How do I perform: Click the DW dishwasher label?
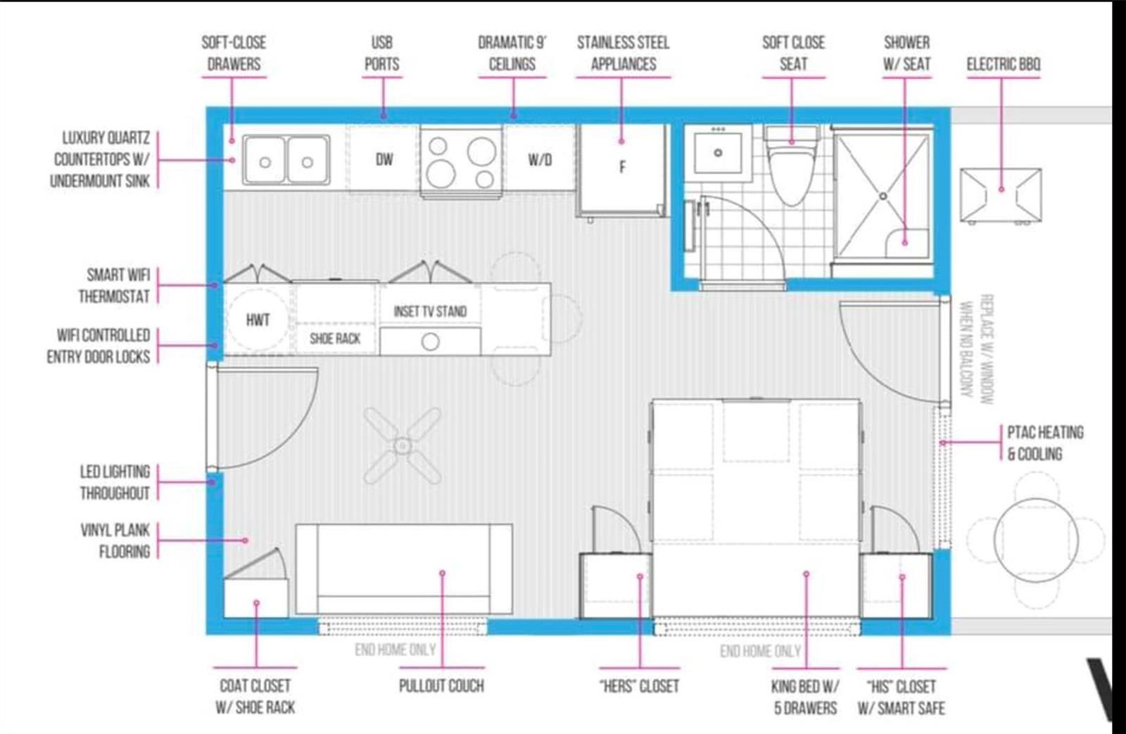click(x=384, y=159)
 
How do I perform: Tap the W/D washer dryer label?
click(x=540, y=160)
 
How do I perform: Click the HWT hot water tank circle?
click(x=258, y=319)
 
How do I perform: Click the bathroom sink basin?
click(x=719, y=152)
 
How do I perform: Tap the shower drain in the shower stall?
click(x=883, y=196)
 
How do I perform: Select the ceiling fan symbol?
click(x=402, y=445)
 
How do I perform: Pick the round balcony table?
click(x=1035, y=540)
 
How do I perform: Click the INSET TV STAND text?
click(x=430, y=312)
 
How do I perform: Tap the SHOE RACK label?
click(x=335, y=338)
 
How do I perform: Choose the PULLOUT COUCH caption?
click(x=441, y=686)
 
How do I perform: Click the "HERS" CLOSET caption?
click(x=640, y=686)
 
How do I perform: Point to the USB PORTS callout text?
click(x=382, y=53)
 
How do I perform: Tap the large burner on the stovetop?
click(x=481, y=151)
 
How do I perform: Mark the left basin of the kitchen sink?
click(x=265, y=160)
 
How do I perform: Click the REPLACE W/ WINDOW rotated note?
click(x=986, y=349)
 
